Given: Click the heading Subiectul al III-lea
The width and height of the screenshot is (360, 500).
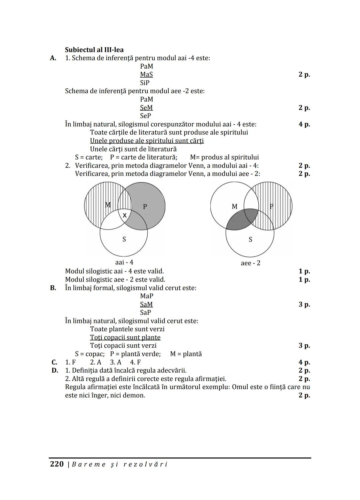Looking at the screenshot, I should coord(94,50).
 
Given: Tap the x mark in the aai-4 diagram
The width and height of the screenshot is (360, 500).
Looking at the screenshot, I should coord(125,216).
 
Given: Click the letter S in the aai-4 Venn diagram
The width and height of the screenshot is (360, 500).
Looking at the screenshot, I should coord(124,239).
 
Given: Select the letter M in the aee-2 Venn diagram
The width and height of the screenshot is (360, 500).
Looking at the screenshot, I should coord(234,207).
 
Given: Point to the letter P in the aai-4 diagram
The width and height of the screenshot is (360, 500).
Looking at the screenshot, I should coord(145,207).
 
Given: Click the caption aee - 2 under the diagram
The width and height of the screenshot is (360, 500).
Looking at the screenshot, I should coord(250,263).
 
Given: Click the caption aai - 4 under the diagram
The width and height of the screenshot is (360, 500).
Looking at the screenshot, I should coord(124,262).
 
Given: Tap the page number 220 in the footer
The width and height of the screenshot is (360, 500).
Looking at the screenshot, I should coord(57,464).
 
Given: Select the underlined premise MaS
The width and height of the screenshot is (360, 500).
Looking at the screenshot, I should coord(146,75).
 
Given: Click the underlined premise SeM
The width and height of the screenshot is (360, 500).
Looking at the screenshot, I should coord(146,108).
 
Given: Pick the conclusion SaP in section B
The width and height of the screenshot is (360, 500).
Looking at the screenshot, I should coord(145,312).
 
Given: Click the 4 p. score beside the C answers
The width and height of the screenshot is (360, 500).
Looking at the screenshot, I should coord(304,362).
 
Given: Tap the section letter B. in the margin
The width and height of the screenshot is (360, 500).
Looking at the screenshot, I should coord(53,288).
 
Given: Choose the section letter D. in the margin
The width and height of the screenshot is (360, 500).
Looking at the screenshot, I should coord(55,370).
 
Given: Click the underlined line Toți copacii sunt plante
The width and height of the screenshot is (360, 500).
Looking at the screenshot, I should coord(125,337).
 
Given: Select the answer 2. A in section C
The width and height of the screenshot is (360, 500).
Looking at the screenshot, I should coord(96,362).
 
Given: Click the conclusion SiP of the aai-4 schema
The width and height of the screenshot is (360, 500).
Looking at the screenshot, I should coord(145,83).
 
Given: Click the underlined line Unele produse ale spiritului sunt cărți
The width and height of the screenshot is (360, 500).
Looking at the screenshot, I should coord(147,141).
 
